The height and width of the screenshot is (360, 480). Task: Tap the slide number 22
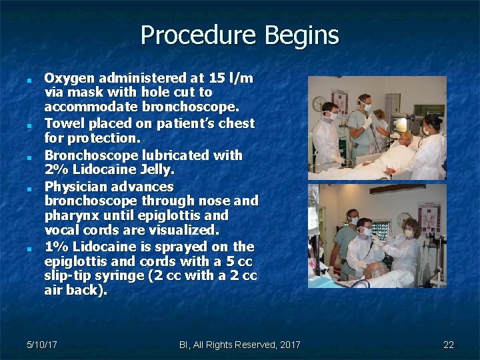448,345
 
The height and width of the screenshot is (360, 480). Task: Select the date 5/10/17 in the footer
41,345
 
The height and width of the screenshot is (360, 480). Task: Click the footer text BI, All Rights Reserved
227,345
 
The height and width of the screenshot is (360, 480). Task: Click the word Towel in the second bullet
63,123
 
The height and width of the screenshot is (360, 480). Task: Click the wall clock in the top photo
319,103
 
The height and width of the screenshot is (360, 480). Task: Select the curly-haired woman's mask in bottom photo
409,233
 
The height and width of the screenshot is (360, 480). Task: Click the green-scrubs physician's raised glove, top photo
367,122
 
